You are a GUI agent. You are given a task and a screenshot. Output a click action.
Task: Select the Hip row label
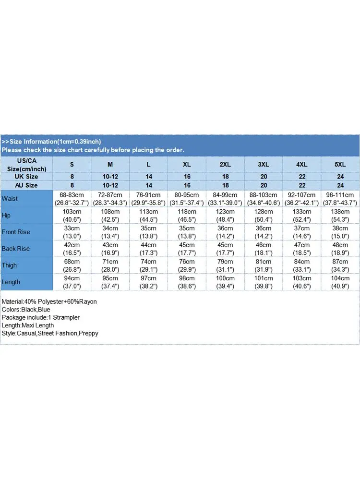6,216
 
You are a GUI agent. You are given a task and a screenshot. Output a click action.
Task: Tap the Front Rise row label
16,232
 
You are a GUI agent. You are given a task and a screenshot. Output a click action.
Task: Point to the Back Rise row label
15,249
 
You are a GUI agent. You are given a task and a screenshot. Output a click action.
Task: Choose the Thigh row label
9,265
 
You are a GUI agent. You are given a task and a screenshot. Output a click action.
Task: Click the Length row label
11,282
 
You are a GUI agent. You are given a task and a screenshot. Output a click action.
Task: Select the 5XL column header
340,164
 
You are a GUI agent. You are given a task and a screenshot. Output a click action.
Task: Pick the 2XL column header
225,164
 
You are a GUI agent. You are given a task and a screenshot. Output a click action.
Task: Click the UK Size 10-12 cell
110,177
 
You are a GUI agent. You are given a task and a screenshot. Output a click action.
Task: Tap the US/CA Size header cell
26,164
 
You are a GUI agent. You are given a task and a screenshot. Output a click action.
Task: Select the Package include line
41,317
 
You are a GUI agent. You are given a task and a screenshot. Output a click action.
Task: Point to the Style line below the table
50,333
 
